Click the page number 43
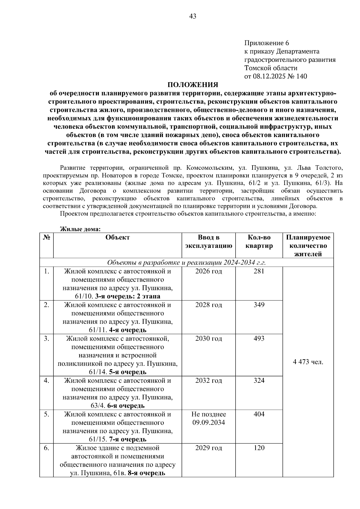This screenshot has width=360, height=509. pos(193,16)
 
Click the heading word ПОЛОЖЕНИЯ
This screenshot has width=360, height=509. pos(193,85)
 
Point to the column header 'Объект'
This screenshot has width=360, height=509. pos(118,237)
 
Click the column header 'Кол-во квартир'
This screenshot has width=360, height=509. pos(259,242)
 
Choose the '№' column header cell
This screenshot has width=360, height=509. pos(46,237)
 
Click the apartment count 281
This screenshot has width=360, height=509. pos(259,271)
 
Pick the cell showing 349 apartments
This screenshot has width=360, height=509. pos(259,305)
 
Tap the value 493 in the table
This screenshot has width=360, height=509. pos(259,338)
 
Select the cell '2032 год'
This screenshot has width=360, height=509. pos(208,380)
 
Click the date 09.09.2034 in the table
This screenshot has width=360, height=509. pos(208,423)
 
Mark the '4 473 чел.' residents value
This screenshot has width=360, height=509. pos(308,362)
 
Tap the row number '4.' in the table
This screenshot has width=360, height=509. pos(46,380)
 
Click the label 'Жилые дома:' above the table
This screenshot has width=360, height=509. pos(80,229)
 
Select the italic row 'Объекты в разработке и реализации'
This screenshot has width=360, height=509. pos(187,263)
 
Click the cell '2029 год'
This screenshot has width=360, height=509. pos(208,448)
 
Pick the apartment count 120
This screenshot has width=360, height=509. pos(259,448)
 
